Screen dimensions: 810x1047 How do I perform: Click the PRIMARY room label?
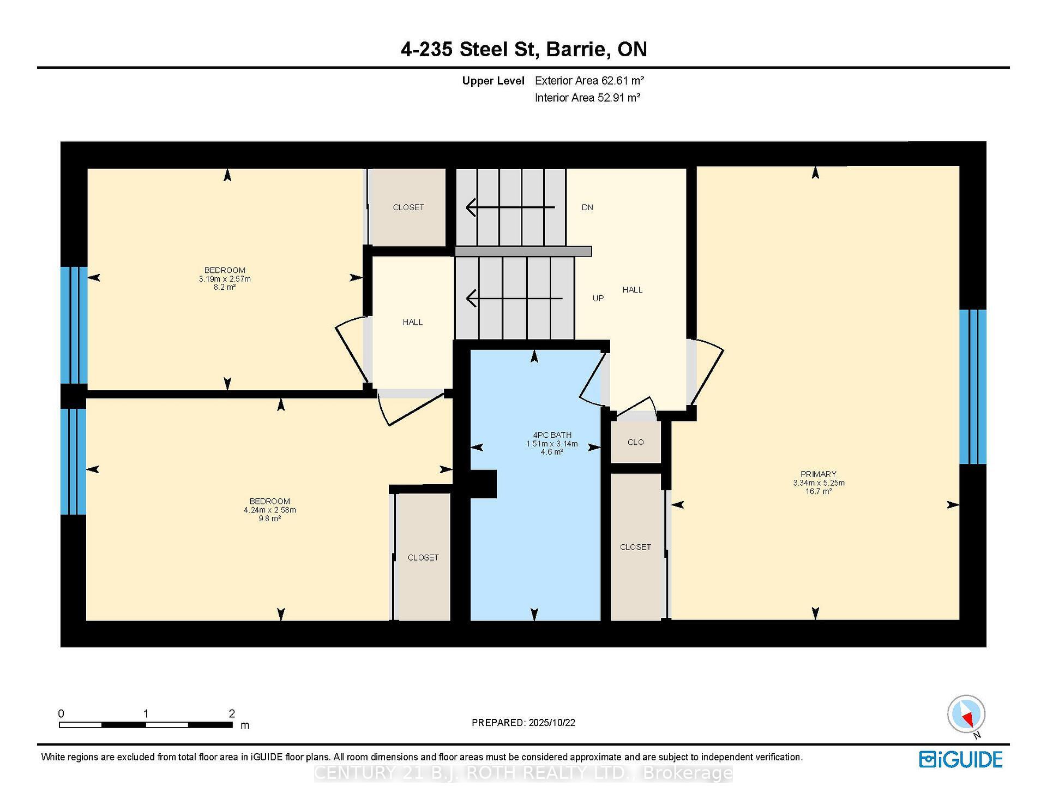click(x=818, y=474)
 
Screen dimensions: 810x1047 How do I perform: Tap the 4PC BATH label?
click(x=552, y=435)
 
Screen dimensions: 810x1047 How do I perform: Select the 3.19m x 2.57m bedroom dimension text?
click(x=225, y=279)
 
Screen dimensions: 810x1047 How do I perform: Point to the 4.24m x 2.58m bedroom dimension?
click(x=269, y=510)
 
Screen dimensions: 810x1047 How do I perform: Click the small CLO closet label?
click(x=635, y=442)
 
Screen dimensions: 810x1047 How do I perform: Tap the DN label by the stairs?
click(x=587, y=207)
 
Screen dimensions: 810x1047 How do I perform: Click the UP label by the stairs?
click(x=598, y=299)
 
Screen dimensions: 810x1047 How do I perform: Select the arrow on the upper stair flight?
click(x=509, y=207)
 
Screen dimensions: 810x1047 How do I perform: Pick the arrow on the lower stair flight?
click(x=513, y=299)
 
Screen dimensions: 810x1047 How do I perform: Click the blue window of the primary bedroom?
click(x=972, y=386)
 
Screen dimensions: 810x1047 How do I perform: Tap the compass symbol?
click(x=966, y=714)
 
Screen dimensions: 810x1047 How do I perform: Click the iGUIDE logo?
click(x=960, y=759)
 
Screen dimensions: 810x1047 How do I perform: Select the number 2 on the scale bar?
click(x=232, y=713)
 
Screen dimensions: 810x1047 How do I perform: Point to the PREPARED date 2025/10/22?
click(x=551, y=723)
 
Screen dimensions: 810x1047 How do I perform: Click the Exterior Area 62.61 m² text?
click(x=589, y=81)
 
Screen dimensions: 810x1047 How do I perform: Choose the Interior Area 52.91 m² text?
click(x=587, y=98)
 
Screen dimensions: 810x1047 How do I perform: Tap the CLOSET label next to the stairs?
click(x=408, y=207)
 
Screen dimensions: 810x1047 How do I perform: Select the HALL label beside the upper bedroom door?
click(x=412, y=322)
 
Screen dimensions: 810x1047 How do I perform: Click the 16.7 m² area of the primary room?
click(x=818, y=491)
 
